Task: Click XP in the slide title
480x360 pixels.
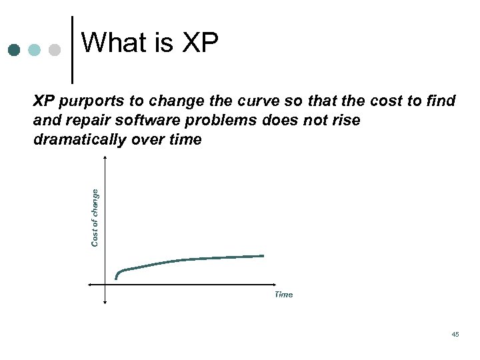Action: click(x=199, y=43)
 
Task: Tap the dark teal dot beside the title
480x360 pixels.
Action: click(x=15, y=51)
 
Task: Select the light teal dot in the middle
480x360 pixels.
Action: click(x=35, y=51)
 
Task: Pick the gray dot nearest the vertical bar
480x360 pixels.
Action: click(x=55, y=51)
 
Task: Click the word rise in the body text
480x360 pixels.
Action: click(x=346, y=121)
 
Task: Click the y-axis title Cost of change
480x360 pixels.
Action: click(x=95, y=217)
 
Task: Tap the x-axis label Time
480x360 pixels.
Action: click(x=283, y=295)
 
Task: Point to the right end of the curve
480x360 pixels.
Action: click(x=263, y=256)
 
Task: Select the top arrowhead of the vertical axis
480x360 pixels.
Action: click(x=105, y=157)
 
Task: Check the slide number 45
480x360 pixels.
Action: click(x=455, y=334)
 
